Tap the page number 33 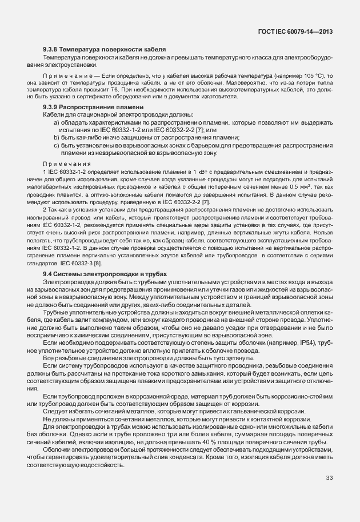[329, 478]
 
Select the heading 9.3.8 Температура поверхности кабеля [104, 50]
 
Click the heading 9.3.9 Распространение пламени [93, 107]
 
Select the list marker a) [56, 123]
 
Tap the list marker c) [56, 146]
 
